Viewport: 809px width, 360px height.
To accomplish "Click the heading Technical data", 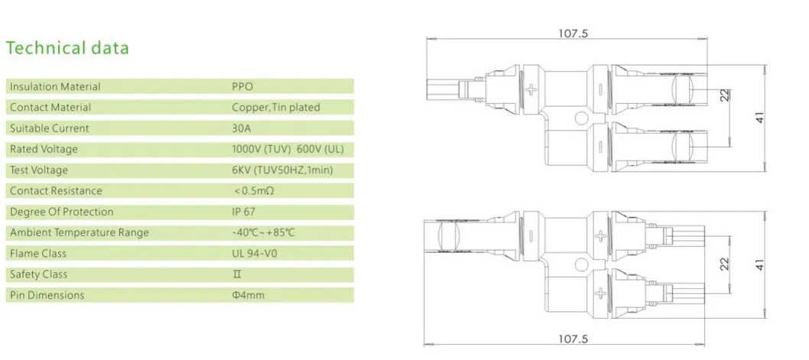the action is (67, 48).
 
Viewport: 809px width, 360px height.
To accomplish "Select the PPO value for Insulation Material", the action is (242, 86).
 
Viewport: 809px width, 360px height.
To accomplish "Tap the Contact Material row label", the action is (50, 107).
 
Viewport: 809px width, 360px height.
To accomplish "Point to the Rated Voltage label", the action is (44, 149).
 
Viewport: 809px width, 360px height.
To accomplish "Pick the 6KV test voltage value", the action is (282, 170).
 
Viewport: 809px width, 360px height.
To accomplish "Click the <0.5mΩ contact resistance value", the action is (253, 191).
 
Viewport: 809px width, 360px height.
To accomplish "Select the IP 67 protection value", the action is (243, 212).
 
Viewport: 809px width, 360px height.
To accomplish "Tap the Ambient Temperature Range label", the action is (80, 232).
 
